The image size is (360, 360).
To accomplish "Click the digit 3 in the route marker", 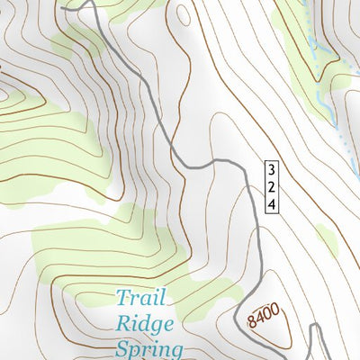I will [271, 168].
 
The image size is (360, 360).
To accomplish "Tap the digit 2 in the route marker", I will [271, 186].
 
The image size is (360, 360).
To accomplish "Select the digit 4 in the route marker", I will [271, 204].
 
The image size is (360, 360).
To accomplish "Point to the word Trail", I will [142, 298].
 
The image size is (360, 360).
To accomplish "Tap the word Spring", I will [149, 348].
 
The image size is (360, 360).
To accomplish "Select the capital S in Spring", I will [123, 347].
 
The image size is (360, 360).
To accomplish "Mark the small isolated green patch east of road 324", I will [326, 239].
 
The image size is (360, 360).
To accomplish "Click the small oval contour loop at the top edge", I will [184, 13].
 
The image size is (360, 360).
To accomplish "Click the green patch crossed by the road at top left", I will [76, 40].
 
